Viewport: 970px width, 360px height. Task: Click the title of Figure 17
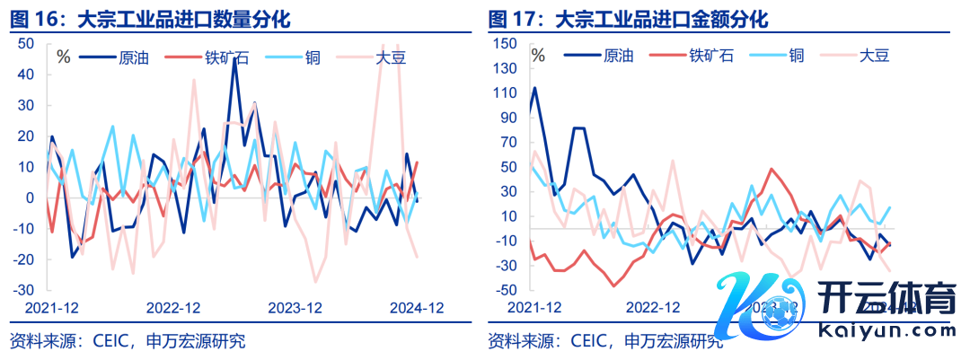[x=628, y=18]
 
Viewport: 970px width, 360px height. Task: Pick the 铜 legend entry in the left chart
[x=313, y=58]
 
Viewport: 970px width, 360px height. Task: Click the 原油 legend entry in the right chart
[x=621, y=56]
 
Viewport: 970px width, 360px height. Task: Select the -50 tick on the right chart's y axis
[x=506, y=290]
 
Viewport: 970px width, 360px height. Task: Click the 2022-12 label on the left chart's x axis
[x=172, y=308]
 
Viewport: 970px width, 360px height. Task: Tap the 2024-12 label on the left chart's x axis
[x=417, y=308]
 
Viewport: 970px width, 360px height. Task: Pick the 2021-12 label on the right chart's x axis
[x=535, y=308]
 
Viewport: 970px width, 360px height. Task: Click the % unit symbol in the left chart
[x=63, y=57]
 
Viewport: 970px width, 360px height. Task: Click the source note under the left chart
[x=127, y=341]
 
